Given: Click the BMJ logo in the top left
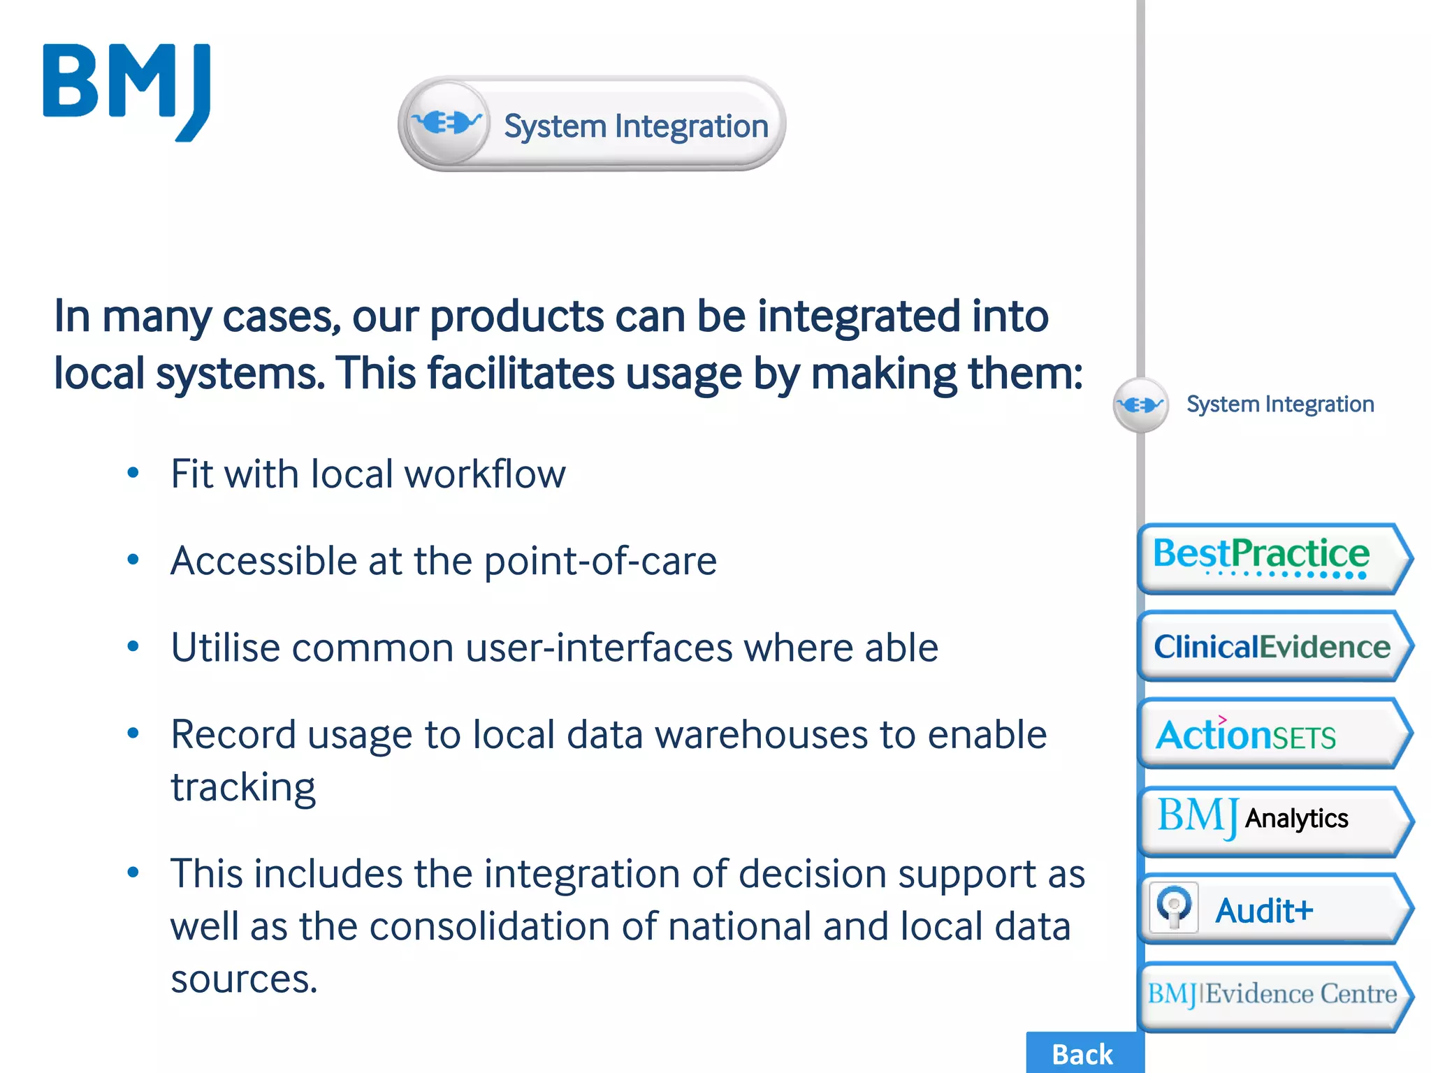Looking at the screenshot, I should (x=126, y=92).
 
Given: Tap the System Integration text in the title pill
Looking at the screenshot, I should (x=636, y=126).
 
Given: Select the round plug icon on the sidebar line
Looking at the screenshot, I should (x=1140, y=404).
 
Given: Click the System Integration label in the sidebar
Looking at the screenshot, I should (x=1280, y=404).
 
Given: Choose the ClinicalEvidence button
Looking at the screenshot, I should (x=1273, y=646).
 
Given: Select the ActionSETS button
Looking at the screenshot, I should (x=1273, y=734).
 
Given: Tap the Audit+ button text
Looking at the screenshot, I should (x=1265, y=910).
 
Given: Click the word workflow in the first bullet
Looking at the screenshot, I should (x=485, y=474).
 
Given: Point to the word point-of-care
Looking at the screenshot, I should (x=600, y=561).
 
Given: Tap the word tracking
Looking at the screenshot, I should (x=243, y=788).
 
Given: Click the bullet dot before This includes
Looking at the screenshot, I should (x=133, y=872).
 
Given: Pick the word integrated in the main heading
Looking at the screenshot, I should (x=859, y=316).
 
